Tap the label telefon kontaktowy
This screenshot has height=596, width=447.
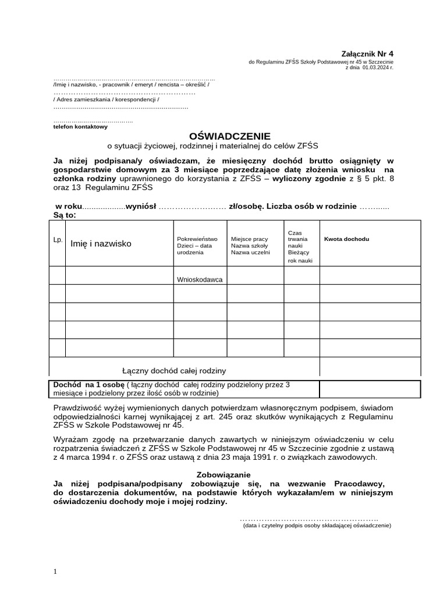[80, 126]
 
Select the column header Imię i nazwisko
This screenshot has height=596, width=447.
[101, 243]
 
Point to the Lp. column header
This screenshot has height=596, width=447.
[58, 239]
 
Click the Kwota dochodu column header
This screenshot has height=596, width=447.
[346, 239]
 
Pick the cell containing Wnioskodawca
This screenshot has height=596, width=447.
[200, 279]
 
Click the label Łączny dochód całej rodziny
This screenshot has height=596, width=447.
[174, 370]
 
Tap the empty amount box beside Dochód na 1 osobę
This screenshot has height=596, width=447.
[370, 389]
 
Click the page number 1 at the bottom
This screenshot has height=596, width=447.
[55, 572]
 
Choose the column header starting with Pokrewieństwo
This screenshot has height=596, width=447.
[197, 246]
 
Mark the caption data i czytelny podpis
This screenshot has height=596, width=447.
[317, 525]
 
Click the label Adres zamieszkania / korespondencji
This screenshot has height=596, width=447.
[106, 99]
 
